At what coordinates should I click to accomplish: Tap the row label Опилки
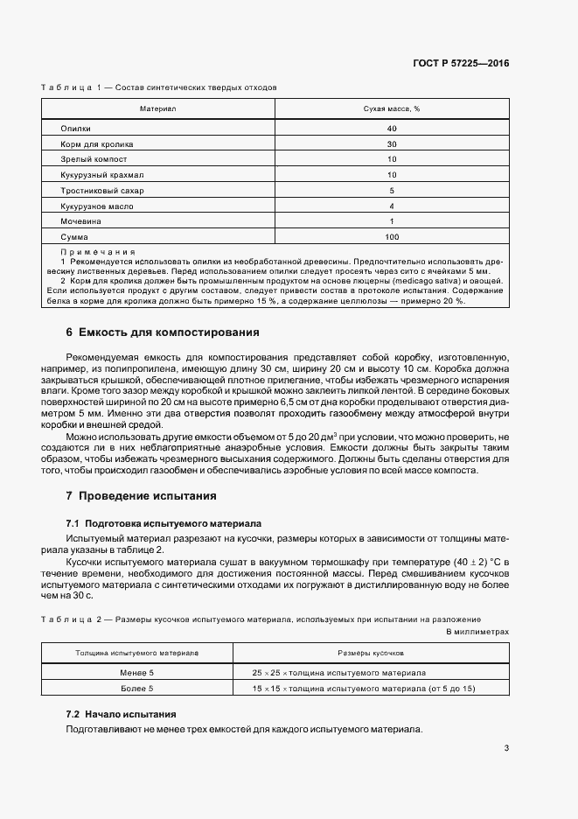pos(76,128)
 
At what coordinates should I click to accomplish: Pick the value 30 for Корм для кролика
pos(392,143)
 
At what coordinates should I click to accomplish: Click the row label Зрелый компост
pos(94,159)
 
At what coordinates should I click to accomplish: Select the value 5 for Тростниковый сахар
pos(392,191)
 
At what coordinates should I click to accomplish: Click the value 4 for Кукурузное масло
pos(392,206)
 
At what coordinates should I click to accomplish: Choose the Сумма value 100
pos(392,238)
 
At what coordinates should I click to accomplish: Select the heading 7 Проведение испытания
pos(141,495)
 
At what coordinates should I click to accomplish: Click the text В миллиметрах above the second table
pos(477,631)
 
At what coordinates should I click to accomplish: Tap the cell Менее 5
pos(136,673)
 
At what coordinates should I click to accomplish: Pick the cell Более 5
pos(136,689)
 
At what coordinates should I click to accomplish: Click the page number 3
pos(506,748)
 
